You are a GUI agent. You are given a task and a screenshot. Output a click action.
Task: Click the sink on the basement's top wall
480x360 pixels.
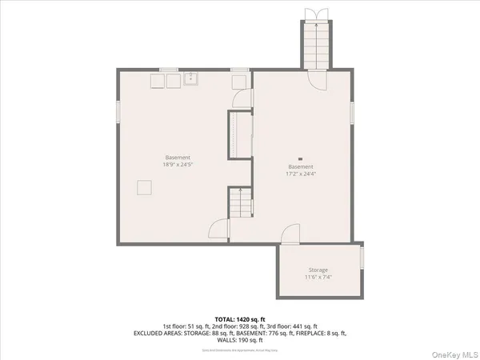click(191, 78)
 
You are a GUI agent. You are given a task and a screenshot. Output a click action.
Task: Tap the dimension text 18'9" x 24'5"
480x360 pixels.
click(178, 165)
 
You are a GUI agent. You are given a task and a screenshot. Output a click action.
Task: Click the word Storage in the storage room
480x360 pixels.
click(318, 270)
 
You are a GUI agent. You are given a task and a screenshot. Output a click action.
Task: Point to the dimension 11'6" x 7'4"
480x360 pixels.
click(318, 278)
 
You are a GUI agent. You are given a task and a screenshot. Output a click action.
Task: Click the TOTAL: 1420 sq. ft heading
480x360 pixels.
click(239, 318)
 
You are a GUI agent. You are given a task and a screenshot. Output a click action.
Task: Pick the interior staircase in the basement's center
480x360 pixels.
click(238, 204)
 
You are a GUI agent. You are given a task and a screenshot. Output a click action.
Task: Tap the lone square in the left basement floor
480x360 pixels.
click(144, 187)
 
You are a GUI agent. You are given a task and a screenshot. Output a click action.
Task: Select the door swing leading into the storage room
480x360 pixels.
click(290, 234)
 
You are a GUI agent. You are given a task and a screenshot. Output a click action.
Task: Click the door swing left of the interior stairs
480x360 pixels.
click(218, 230)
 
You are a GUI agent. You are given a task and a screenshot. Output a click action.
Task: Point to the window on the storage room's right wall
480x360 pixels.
click(362, 258)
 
